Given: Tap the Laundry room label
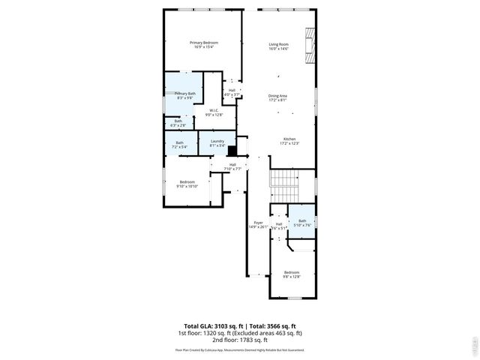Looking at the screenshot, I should pos(217,142).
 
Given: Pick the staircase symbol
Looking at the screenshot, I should pos(284,180).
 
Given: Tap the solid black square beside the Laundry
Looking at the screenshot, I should pos(232,149).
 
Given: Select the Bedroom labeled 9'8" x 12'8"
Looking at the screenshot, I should pos(292,274).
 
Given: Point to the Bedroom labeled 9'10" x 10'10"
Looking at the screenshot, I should pos(187,184).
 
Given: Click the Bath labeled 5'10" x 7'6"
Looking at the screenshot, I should pos(302,222).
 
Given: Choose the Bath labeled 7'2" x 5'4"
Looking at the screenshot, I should pos(180,145).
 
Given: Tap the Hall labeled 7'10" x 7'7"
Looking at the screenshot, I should pos(232,166).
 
